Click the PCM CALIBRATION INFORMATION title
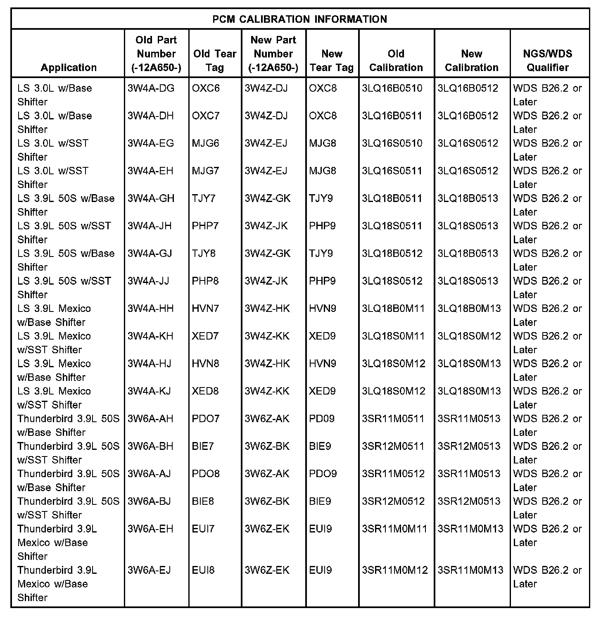300,19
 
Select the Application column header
69,67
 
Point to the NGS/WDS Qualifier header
548,60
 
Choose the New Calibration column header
472,60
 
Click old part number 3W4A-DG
151,88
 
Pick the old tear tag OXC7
206,116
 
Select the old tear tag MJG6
206,143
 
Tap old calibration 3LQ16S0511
392,171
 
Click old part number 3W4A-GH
151,198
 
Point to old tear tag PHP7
205,226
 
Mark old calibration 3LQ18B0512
392,253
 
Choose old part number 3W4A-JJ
148,281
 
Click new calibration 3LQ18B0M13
469,309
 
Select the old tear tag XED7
205,336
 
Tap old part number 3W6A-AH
150,418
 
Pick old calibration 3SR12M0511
393,446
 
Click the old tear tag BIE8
203,501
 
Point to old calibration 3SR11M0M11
394,529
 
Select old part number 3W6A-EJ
149,570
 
